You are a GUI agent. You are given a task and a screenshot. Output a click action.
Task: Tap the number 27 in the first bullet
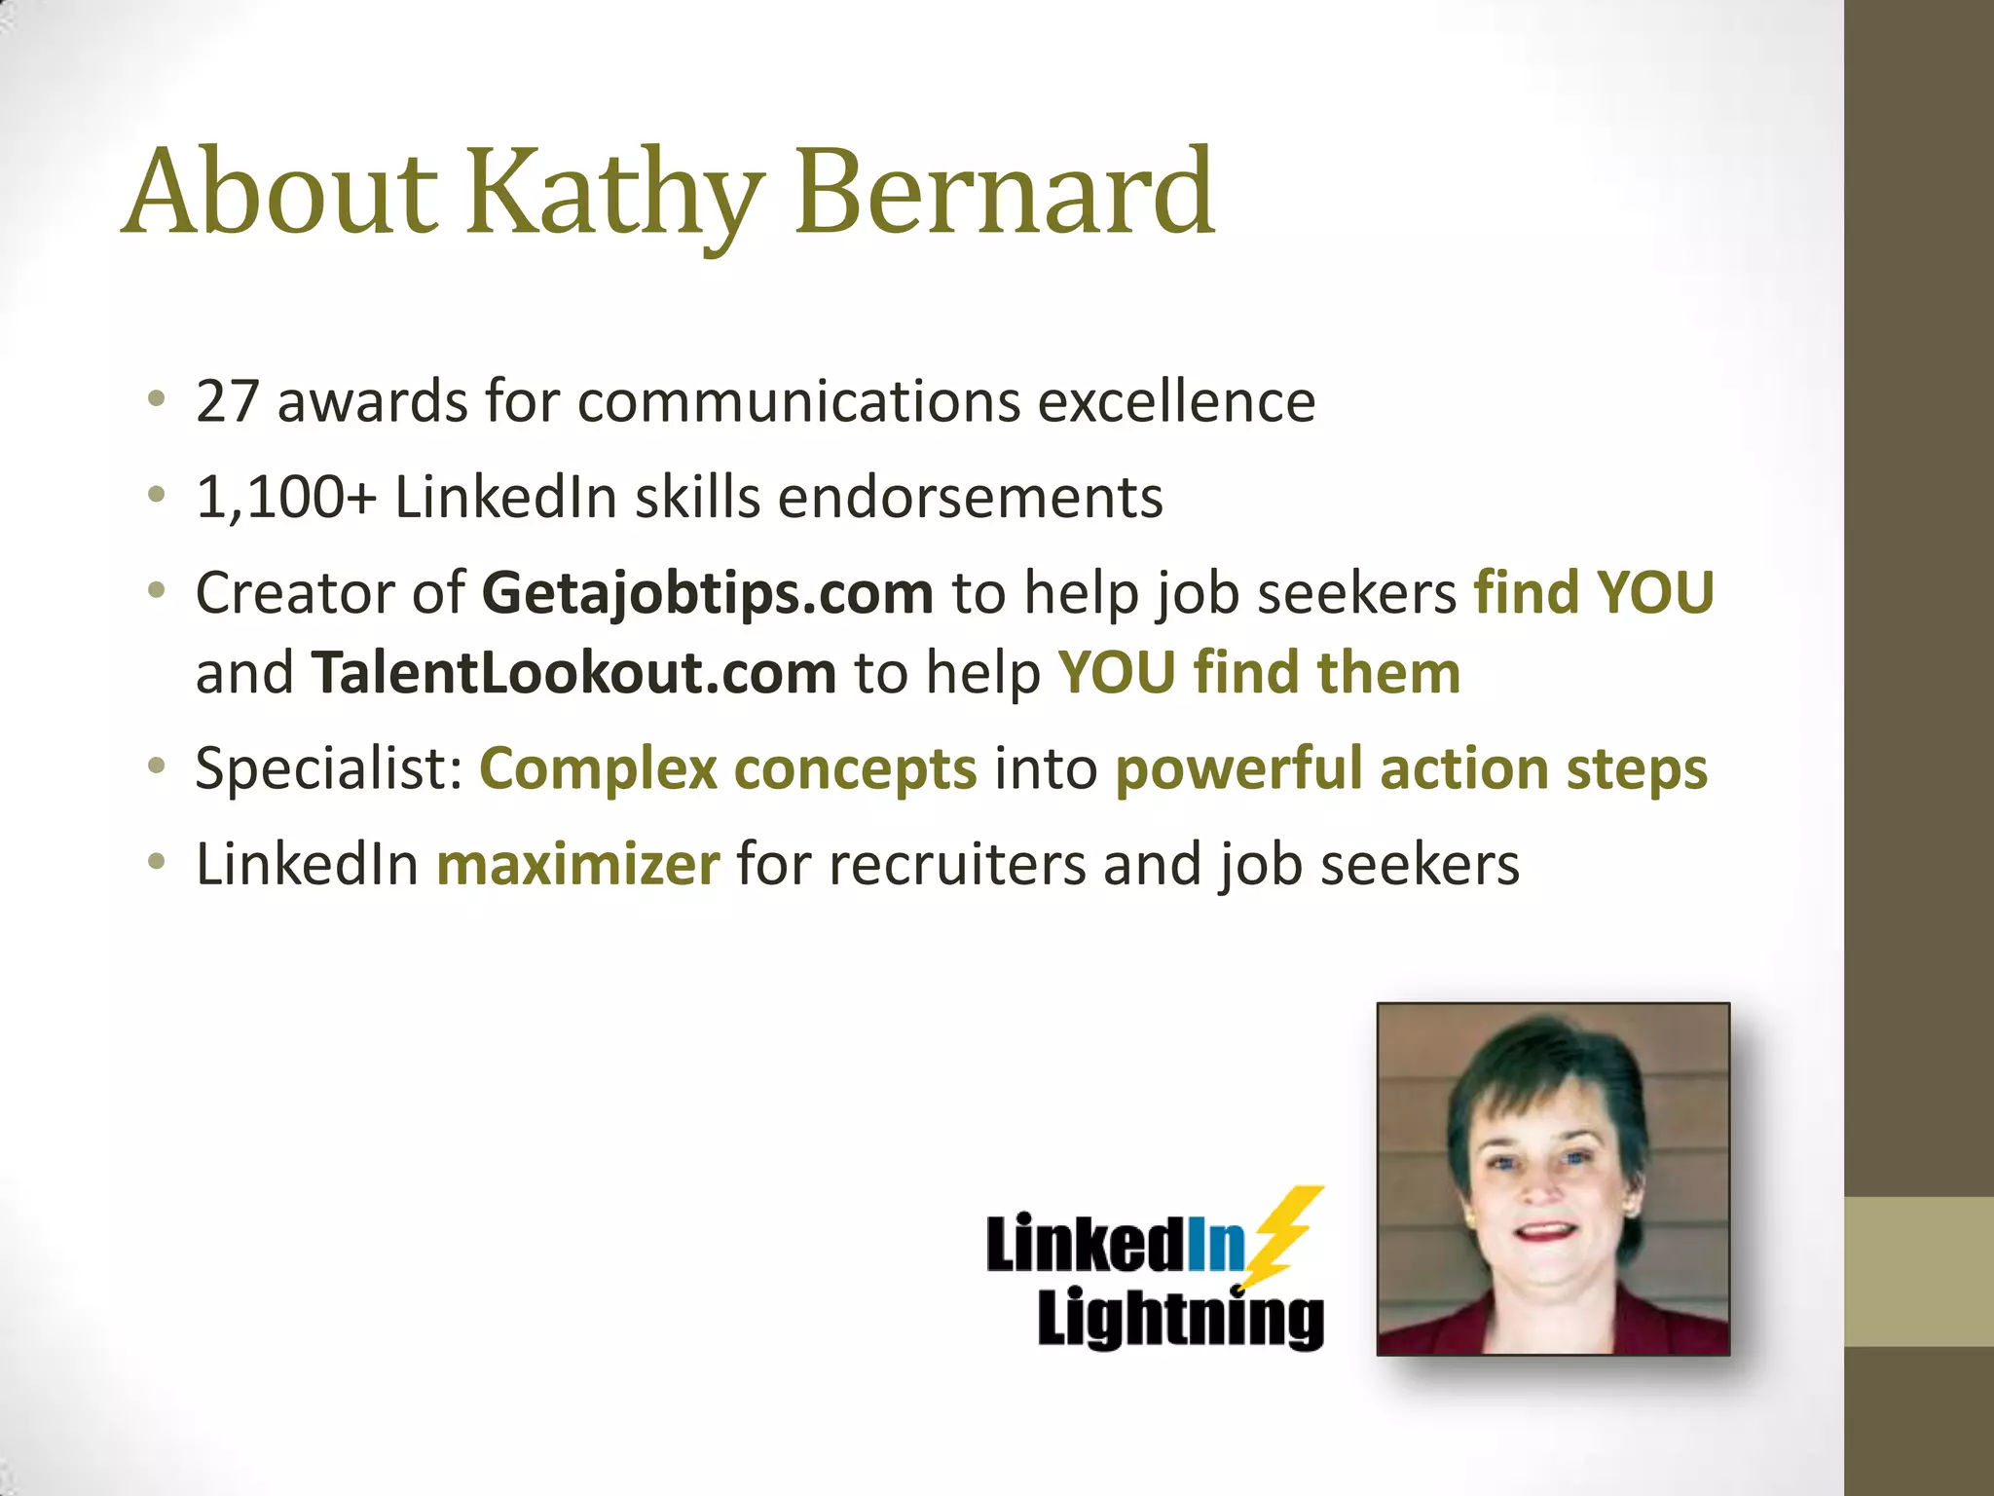pyautogui.click(x=227, y=401)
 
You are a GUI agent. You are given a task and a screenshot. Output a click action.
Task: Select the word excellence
pyautogui.click(x=1176, y=401)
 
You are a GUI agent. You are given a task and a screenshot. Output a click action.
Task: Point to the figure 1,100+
pyautogui.click(x=285, y=498)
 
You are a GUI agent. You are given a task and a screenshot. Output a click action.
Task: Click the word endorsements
pyautogui.click(x=970, y=498)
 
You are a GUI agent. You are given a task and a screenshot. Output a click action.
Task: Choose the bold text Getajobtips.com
pyautogui.click(x=708, y=593)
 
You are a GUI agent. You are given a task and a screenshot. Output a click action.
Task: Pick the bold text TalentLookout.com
pyautogui.click(x=573, y=673)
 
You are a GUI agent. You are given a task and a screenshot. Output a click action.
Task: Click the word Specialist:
pyautogui.click(x=328, y=768)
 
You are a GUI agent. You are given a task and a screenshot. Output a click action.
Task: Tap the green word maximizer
pyautogui.click(x=578, y=864)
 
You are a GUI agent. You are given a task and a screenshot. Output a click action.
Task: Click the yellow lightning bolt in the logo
pyautogui.click(x=1283, y=1235)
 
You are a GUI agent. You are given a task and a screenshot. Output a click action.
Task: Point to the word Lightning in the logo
pyautogui.click(x=1180, y=1318)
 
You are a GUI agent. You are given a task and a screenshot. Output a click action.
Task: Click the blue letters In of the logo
pyautogui.click(x=1215, y=1245)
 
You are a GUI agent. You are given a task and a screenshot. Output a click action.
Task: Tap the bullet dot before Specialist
pyautogui.click(x=157, y=767)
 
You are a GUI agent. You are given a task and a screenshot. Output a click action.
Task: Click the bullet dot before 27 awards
pyautogui.click(x=157, y=399)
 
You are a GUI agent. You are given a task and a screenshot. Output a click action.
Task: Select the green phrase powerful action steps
pyautogui.click(x=1411, y=768)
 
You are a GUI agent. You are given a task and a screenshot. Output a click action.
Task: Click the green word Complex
pyautogui.click(x=598, y=768)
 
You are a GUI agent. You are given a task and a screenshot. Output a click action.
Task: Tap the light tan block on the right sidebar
pyautogui.click(x=1919, y=1271)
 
